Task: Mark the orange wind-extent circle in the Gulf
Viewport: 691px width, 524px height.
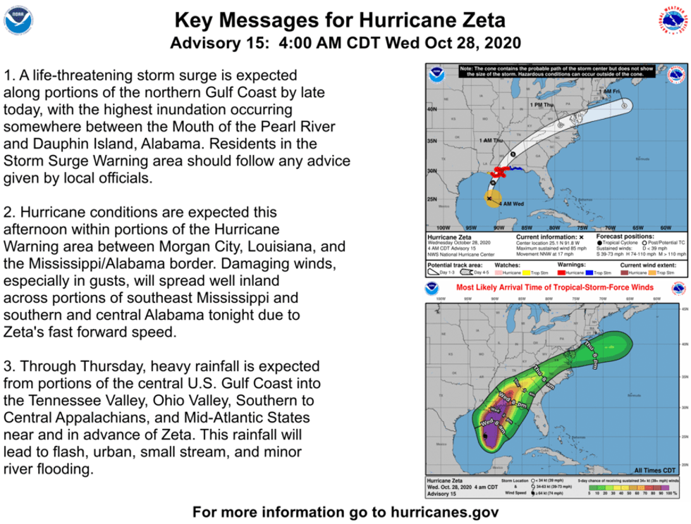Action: (491, 199)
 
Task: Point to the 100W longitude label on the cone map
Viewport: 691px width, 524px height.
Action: (443, 228)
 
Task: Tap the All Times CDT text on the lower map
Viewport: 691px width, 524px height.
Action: (654, 469)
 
